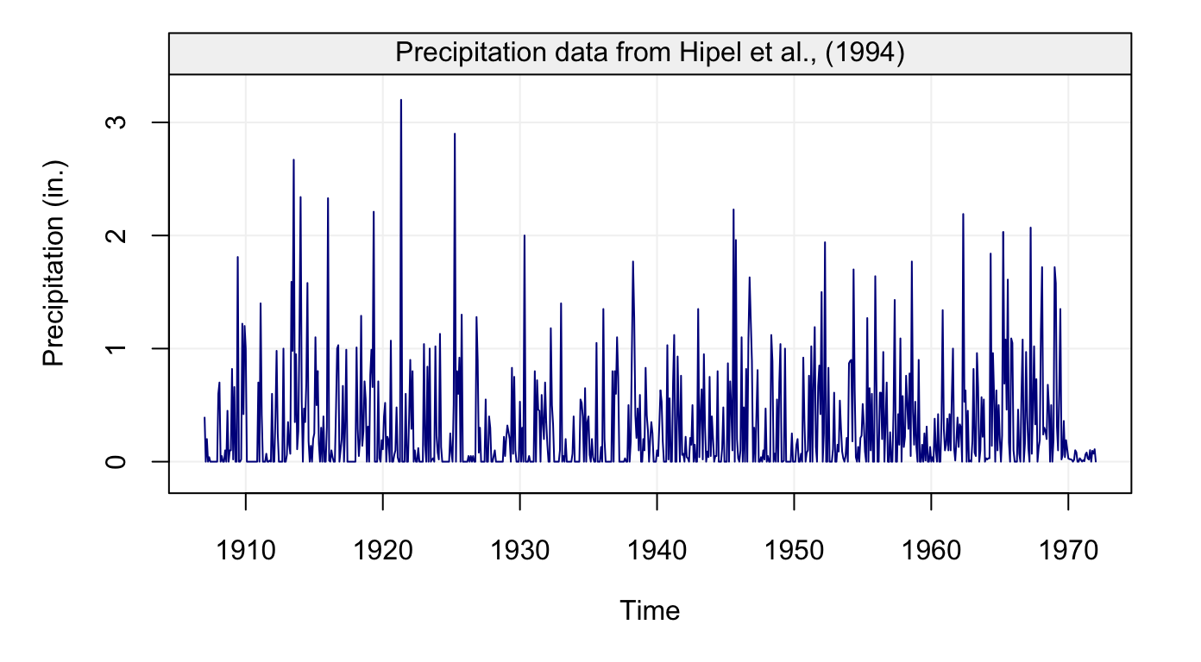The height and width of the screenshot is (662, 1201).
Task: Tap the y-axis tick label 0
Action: pos(120,461)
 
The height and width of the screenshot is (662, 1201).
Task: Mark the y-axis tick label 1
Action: pos(120,348)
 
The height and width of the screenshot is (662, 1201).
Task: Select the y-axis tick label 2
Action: pos(120,235)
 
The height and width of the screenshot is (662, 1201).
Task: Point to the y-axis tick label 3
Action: pos(120,122)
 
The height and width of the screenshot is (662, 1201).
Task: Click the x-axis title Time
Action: pos(650,611)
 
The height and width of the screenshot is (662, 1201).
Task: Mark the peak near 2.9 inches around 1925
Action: pos(455,134)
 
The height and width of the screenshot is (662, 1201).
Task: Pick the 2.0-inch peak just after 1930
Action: pos(524,235)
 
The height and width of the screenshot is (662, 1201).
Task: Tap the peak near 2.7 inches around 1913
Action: pos(293,159)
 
